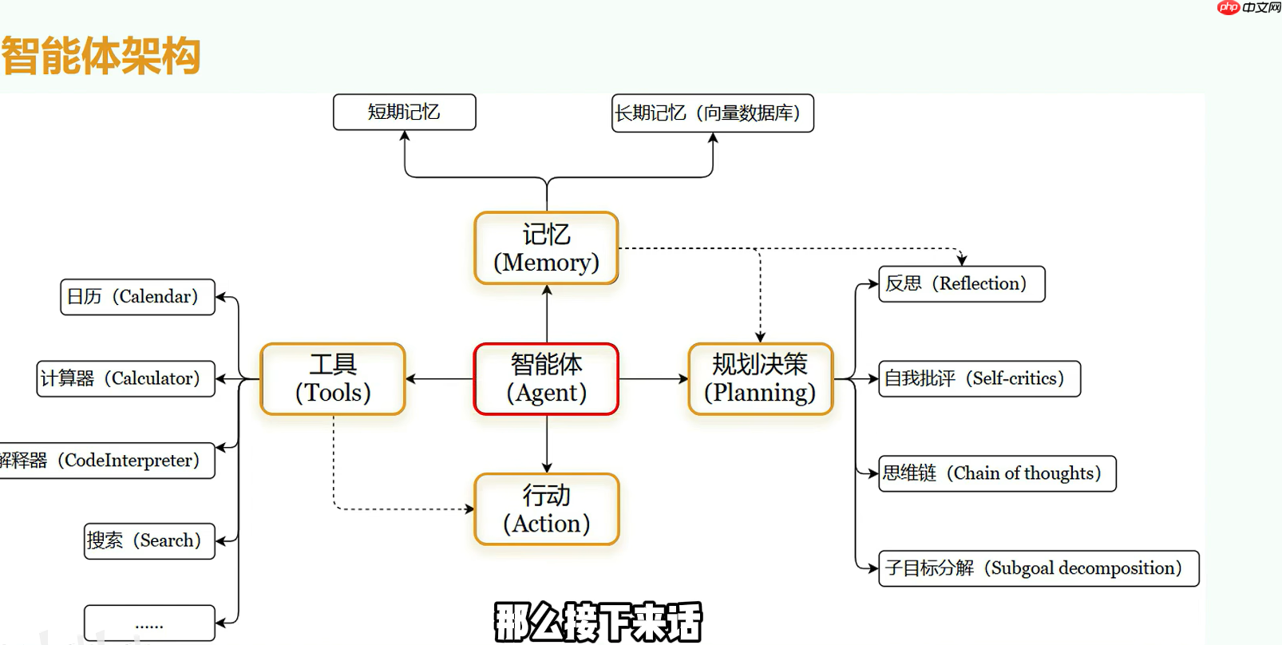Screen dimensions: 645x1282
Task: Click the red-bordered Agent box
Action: tap(546, 379)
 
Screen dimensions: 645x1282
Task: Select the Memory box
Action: tap(546, 248)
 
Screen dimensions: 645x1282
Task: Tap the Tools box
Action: tap(333, 379)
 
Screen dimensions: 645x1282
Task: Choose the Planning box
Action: tap(760, 379)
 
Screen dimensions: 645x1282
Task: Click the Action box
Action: tap(546, 509)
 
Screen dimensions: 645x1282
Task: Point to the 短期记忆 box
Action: tap(404, 112)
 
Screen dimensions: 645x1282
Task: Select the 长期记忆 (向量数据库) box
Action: tap(712, 113)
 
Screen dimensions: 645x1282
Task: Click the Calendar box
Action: tap(137, 297)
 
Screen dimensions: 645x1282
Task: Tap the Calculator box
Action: tap(126, 378)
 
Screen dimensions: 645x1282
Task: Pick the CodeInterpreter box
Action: tap(108, 461)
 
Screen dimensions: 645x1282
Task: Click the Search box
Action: tap(149, 541)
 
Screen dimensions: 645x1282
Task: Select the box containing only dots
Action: tap(149, 623)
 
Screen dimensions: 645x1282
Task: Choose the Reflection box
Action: tap(961, 284)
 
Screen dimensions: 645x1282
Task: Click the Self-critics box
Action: tap(979, 378)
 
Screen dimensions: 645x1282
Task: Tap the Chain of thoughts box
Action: tap(996, 473)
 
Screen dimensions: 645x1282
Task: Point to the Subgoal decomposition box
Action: tap(1038, 568)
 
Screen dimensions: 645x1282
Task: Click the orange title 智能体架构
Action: tap(101, 56)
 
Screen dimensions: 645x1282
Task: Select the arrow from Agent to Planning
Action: tap(653, 379)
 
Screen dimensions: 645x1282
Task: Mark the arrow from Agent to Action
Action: tap(547, 444)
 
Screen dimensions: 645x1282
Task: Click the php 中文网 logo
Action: tap(1248, 8)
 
